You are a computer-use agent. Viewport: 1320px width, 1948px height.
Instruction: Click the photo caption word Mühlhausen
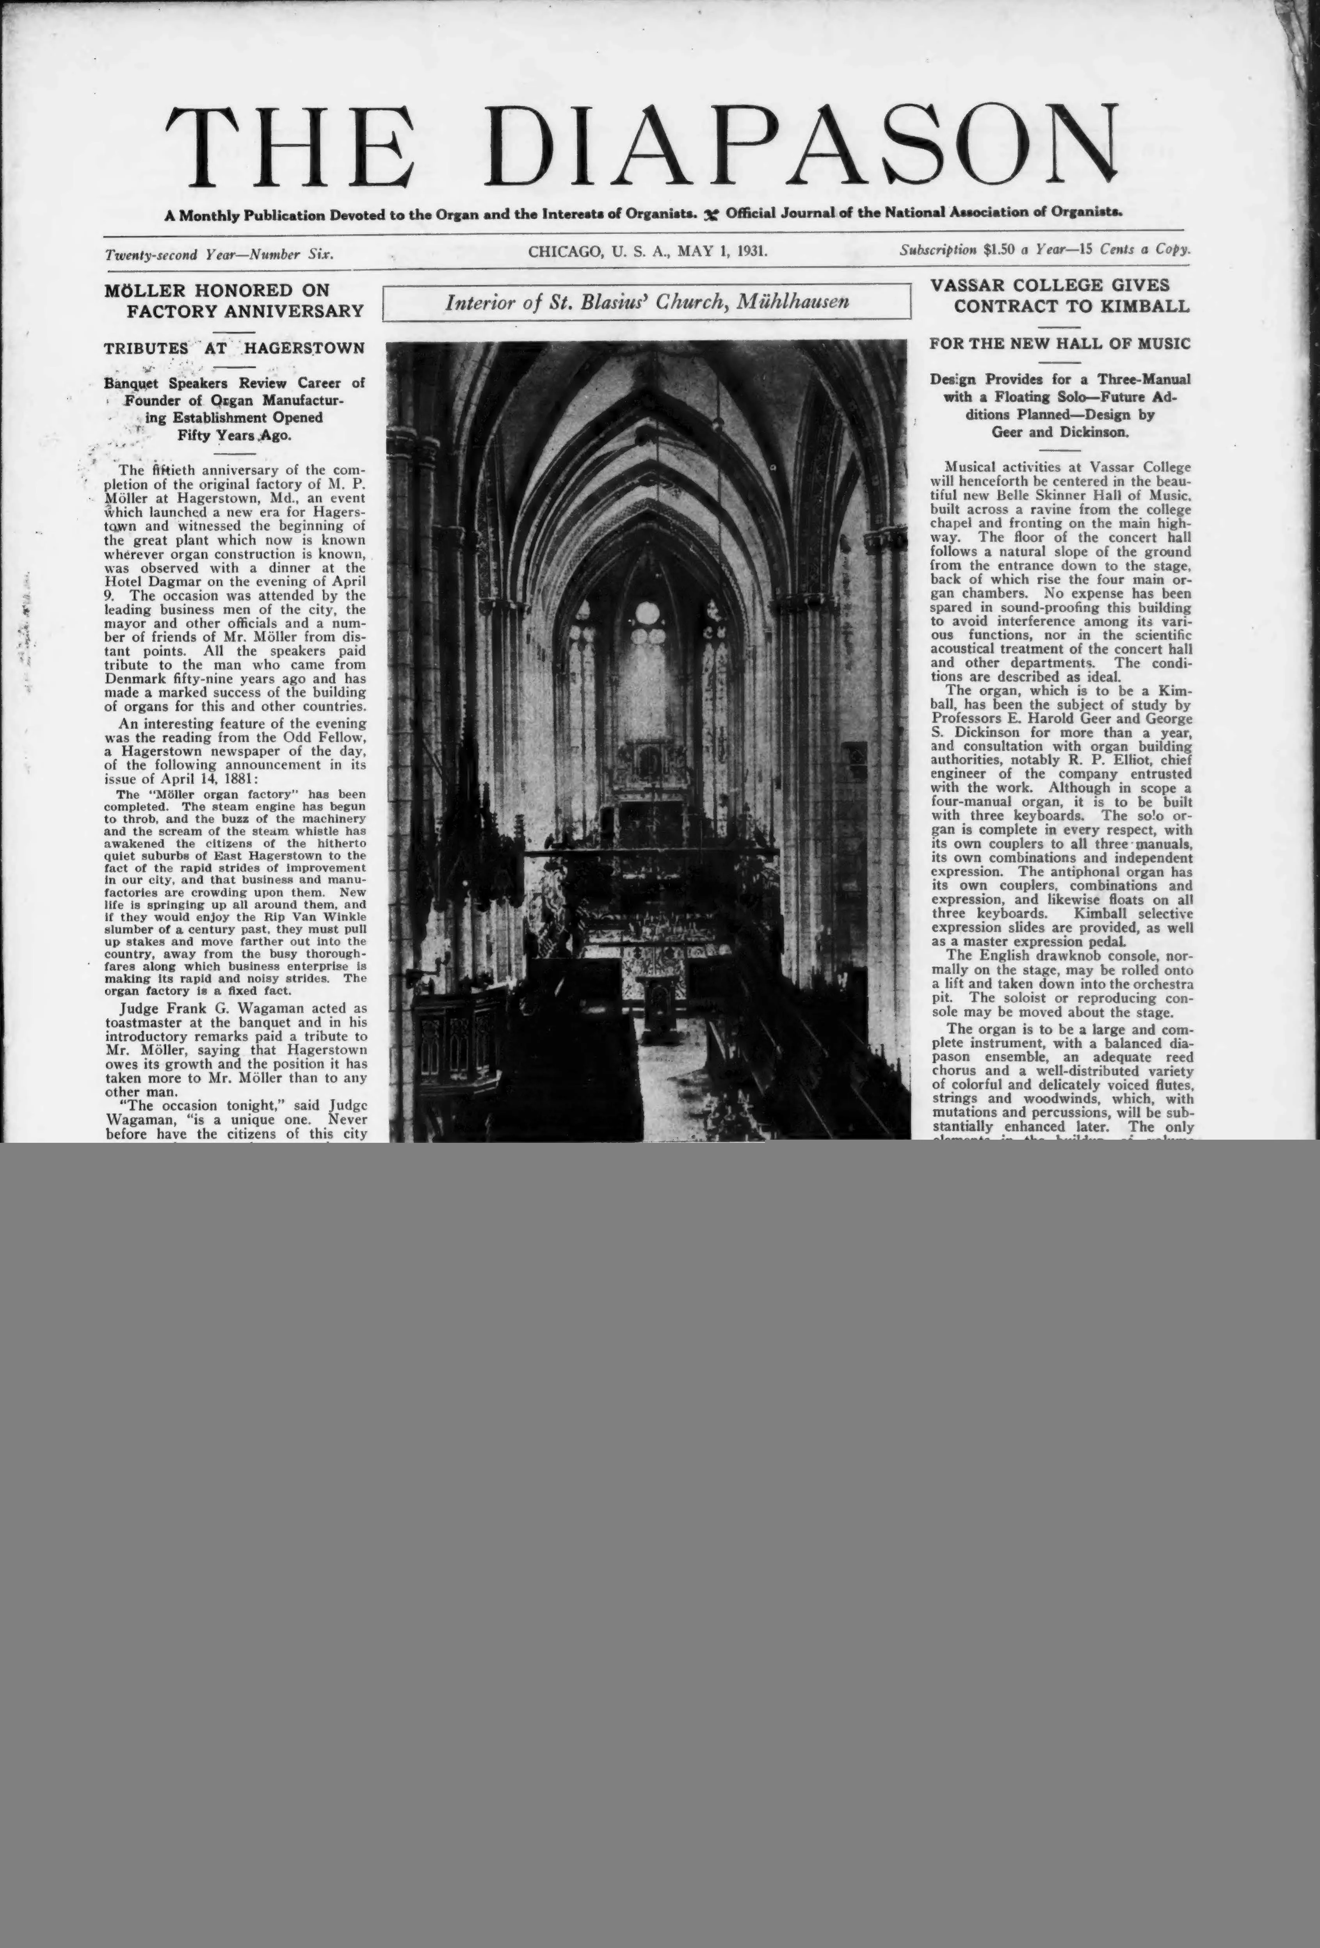(792, 302)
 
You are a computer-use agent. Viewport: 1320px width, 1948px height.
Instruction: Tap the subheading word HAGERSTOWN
(304, 348)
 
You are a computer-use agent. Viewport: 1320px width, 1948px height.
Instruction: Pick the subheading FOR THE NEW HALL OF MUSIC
(1060, 344)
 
